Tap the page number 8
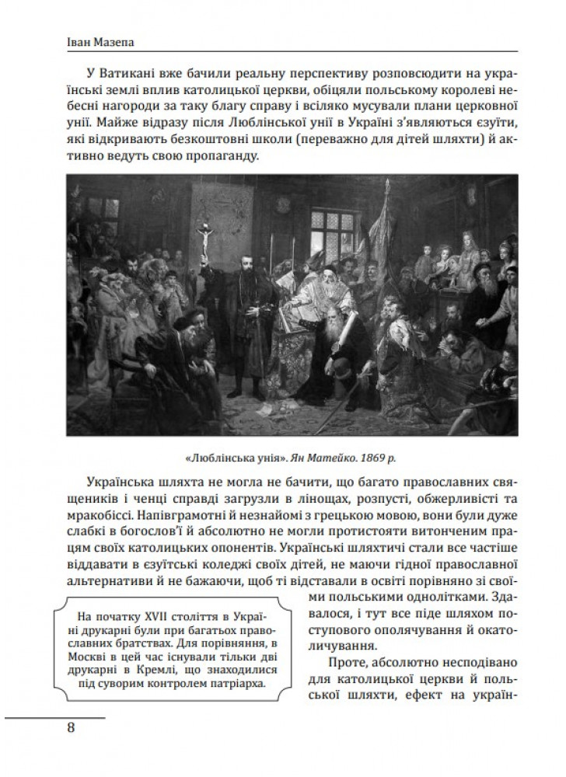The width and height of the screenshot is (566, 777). tap(71, 727)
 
